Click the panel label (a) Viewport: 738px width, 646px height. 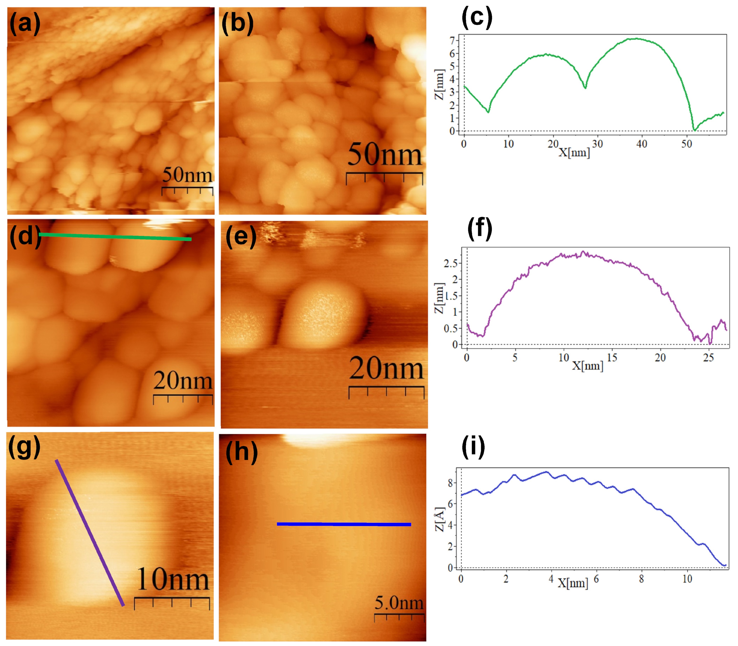24,24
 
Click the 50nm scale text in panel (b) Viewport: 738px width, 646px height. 384,155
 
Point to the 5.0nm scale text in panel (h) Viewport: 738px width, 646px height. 399,603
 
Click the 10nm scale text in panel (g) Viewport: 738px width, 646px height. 173,579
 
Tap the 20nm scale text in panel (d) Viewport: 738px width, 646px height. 183,381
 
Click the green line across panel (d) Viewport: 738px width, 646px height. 116,237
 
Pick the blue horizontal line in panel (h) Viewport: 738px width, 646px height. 344,524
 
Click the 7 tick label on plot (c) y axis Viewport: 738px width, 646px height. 452,40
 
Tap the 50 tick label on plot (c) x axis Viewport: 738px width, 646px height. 686,144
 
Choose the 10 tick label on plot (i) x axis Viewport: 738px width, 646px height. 687,579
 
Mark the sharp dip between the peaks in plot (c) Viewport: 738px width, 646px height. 585,87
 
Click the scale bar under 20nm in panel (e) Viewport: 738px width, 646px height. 386,388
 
